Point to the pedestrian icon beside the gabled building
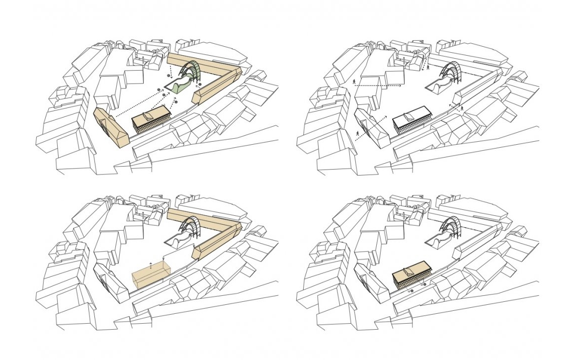[358, 133]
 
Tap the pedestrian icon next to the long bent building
[462, 108]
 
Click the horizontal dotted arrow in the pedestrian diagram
[378, 86]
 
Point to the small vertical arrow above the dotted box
[151, 262]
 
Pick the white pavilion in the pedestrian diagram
[411, 118]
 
